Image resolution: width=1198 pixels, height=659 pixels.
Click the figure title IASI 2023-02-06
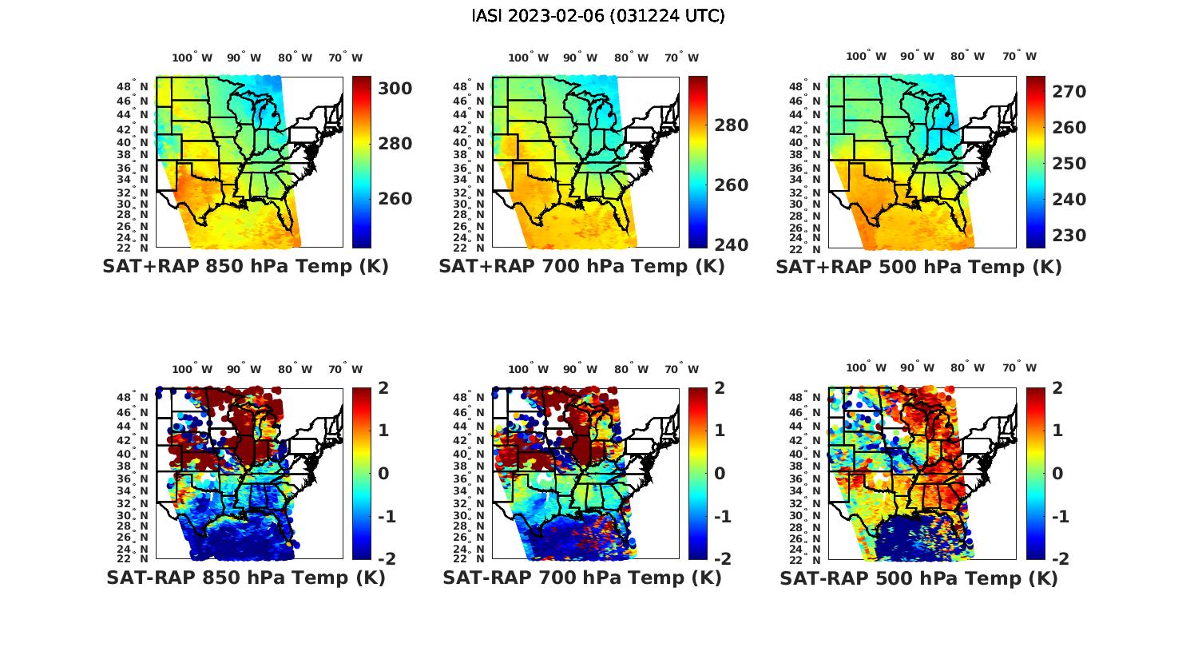598,16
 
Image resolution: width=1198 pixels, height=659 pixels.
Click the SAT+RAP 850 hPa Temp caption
245,267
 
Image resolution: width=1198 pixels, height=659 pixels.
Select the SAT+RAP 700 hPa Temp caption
581,267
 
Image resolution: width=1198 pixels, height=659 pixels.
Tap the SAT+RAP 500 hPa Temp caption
918,267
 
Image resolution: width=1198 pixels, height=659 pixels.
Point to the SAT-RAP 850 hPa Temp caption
245,578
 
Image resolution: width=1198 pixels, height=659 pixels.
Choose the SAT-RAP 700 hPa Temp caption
581,578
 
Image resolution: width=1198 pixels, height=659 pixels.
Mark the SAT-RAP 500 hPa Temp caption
918,578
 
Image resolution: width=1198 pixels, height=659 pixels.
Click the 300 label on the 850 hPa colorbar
395,89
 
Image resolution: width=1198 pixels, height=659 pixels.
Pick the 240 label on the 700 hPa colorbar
731,244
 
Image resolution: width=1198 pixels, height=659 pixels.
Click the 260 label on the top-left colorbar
395,199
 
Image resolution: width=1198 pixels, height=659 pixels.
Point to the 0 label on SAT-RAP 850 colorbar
383,473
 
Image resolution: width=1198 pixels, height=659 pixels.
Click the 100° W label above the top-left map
192,58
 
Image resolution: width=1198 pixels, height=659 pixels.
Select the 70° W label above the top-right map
1019,56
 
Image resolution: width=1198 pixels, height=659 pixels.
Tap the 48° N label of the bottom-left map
133,397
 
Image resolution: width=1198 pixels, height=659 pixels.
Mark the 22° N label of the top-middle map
470,248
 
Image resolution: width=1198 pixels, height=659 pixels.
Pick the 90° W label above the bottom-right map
917,367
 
